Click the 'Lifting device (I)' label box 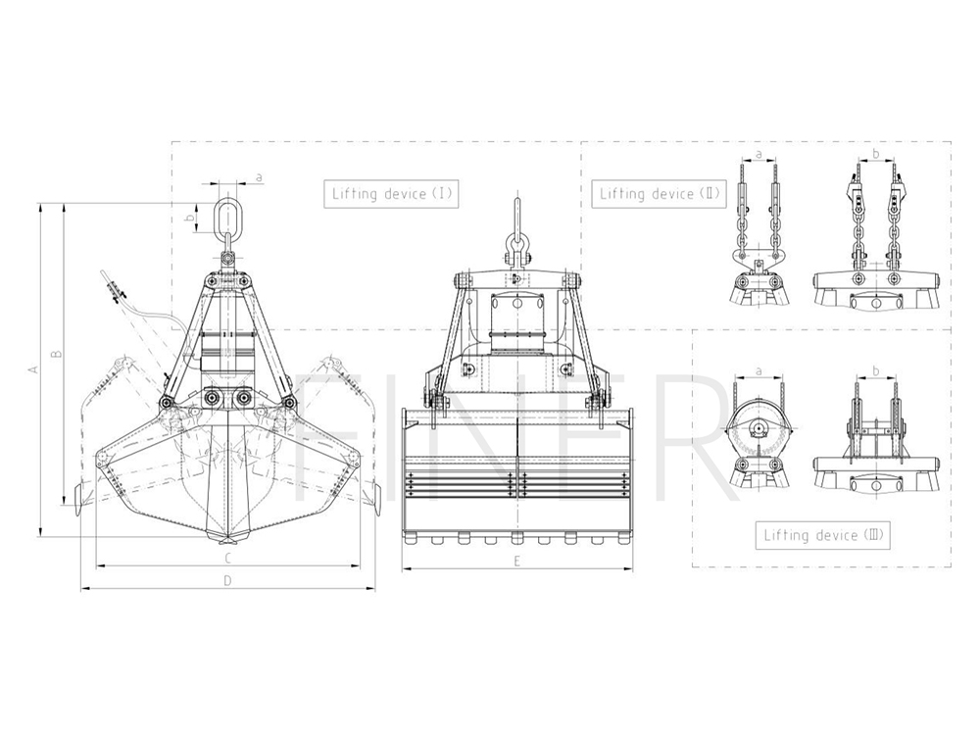(x=391, y=194)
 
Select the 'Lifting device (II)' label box (x=660, y=194)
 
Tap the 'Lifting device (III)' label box (x=822, y=536)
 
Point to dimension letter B (x=56, y=353)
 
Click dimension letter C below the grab (x=228, y=558)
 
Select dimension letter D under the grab (x=228, y=580)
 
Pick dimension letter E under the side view (x=516, y=562)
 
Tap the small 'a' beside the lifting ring (x=259, y=178)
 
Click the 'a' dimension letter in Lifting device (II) (x=759, y=154)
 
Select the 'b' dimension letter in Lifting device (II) (x=875, y=153)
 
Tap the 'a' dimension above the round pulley (x=759, y=371)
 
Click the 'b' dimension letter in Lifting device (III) (x=875, y=371)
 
